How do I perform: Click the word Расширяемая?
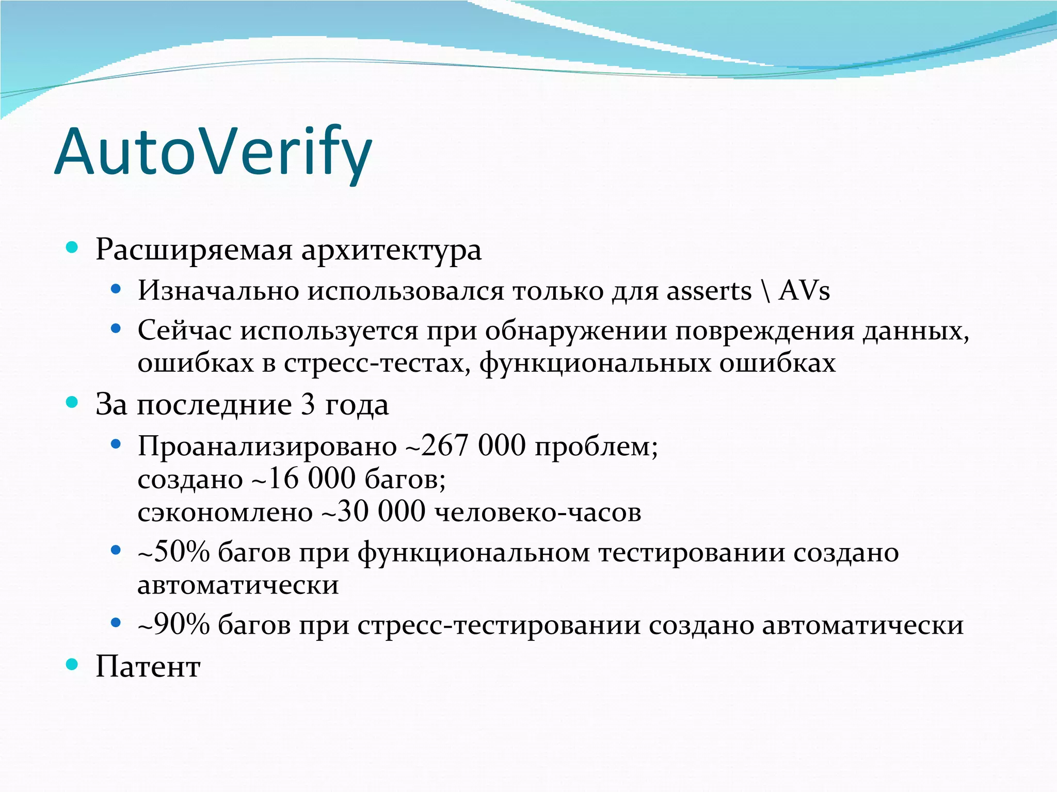pos(194,250)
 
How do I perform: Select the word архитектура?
pos(391,251)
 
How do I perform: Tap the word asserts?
pos(709,291)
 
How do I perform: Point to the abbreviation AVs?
pos(804,291)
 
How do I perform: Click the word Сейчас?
pos(184,331)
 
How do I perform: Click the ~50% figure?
pos(174,552)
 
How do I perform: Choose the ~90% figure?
pos(174,624)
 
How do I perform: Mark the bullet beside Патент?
pos(72,665)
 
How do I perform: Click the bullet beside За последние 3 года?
pos(72,402)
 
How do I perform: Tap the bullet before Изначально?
pos(116,289)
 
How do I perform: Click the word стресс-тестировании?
pos(499,625)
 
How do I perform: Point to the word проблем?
pos(596,447)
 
